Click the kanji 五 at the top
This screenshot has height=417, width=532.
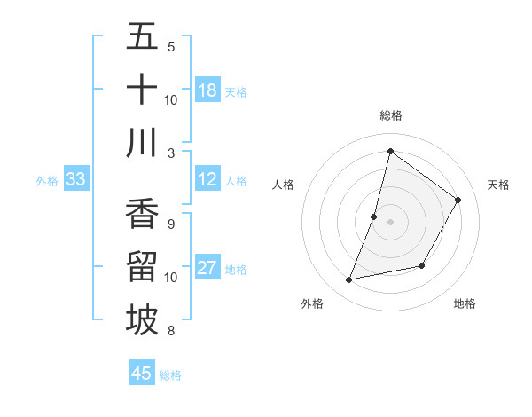click(x=142, y=36)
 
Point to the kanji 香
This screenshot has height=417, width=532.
click(x=142, y=214)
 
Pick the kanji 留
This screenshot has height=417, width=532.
click(x=142, y=267)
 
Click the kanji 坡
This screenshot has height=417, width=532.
click(x=142, y=320)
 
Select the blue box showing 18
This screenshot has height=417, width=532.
click(x=207, y=90)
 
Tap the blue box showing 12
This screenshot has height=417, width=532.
click(x=207, y=180)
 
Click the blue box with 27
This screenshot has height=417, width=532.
click(x=207, y=269)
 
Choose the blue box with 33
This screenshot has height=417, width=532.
click(x=76, y=180)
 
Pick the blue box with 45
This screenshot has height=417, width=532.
click(x=142, y=374)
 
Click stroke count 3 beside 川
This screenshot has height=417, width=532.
click(x=171, y=153)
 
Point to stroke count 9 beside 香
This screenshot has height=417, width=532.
click(x=171, y=224)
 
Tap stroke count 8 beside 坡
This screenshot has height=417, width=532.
click(x=171, y=331)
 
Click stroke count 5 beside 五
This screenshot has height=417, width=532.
click(x=171, y=46)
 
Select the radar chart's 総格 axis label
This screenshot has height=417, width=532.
click(x=390, y=115)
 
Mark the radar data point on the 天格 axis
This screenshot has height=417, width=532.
click(x=458, y=200)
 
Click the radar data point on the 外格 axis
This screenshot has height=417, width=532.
click(x=349, y=279)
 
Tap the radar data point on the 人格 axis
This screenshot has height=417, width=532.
click(x=374, y=216)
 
